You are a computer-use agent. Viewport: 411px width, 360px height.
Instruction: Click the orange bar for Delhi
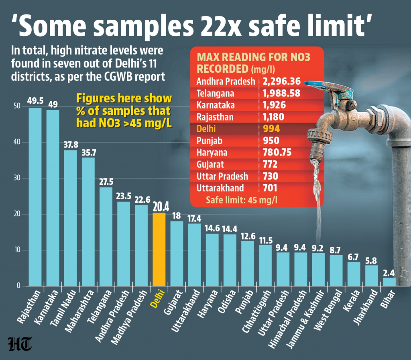point(159,249)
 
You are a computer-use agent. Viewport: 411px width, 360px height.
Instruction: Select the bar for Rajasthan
point(35,197)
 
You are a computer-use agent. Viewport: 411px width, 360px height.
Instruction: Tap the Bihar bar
point(389,282)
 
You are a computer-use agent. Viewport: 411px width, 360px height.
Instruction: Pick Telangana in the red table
point(215,93)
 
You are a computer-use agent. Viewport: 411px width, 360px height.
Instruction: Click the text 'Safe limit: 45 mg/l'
point(242,199)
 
